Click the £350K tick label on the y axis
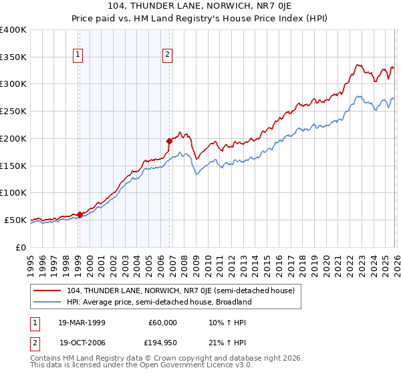pyautogui.click(x=13, y=57)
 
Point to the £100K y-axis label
pyautogui.click(x=13, y=192)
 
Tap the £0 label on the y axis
pyautogui.click(x=21, y=247)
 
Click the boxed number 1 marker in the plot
pyautogui.click(x=79, y=55)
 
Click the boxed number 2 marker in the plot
pyautogui.click(x=167, y=55)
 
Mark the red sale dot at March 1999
pyautogui.click(x=80, y=214)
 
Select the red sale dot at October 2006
pyautogui.click(x=169, y=141)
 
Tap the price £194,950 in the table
pyautogui.click(x=161, y=342)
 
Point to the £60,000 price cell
pyautogui.click(x=161, y=322)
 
